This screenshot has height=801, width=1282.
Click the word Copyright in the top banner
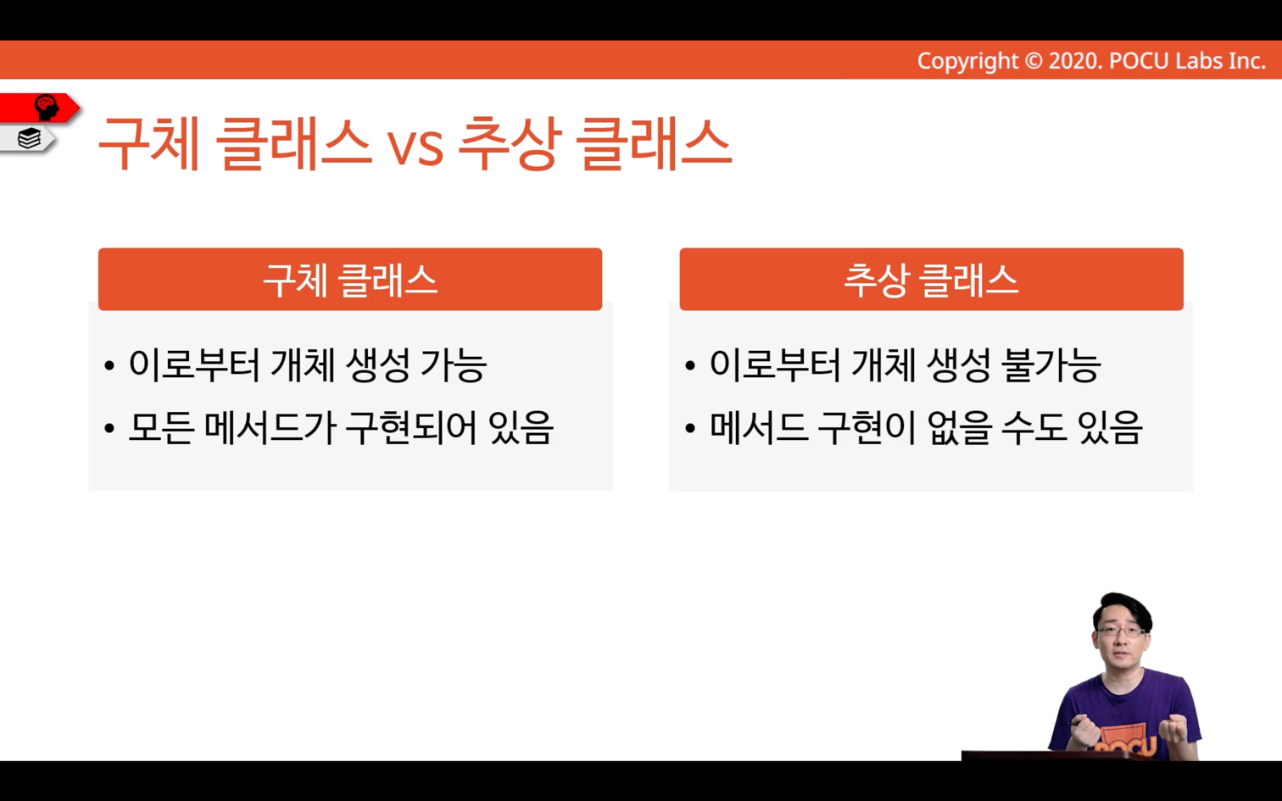(967, 61)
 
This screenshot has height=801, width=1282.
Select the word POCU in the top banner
(1139, 61)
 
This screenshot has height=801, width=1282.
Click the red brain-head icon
(46, 108)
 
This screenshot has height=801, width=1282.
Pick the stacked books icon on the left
(29, 138)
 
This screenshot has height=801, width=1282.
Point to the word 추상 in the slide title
(507, 143)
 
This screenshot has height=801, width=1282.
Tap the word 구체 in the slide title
(148, 143)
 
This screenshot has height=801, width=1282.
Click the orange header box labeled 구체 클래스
(349, 279)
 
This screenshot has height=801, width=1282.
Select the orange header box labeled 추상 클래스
(931, 279)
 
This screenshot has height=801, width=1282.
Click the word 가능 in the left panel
(454, 365)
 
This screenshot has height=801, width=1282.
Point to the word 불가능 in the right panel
(1051, 365)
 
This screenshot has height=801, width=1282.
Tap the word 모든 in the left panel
(161, 427)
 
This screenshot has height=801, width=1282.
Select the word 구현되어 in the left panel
(411, 427)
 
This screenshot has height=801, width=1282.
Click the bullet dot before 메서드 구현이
(689, 427)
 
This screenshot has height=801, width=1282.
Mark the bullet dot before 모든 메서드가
(109, 427)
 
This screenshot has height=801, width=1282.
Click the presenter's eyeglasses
(1121, 631)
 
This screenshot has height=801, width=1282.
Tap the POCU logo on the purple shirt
(1124, 742)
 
